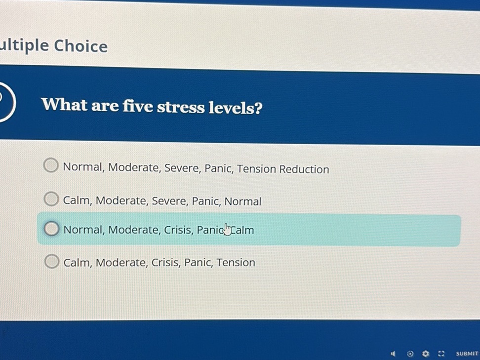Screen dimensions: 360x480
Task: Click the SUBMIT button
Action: (x=467, y=354)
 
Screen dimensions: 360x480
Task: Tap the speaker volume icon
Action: (x=394, y=354)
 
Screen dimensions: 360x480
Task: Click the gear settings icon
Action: (x=426, y=354)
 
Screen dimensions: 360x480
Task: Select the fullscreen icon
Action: (x=441, y=354)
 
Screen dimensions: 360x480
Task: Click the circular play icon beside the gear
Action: (x=410, y=354)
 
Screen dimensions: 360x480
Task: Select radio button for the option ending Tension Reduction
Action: (x=51, y=165)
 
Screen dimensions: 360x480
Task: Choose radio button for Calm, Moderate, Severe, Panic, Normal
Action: (x=51, y=199)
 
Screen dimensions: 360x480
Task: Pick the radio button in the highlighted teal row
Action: (x=51, y=229)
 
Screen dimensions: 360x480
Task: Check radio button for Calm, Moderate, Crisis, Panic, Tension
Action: (x=51, y=261)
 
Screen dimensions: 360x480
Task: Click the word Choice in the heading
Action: (x=80, y=46)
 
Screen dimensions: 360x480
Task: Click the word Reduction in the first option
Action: (x=304, y=169)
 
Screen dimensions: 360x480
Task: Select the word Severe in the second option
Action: (x=169, y=201)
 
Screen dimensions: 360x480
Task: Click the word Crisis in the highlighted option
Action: (x=178, y=230)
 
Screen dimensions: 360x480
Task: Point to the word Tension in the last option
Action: (x=236, y=263)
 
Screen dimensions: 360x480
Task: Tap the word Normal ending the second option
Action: (x=243, y=201)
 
